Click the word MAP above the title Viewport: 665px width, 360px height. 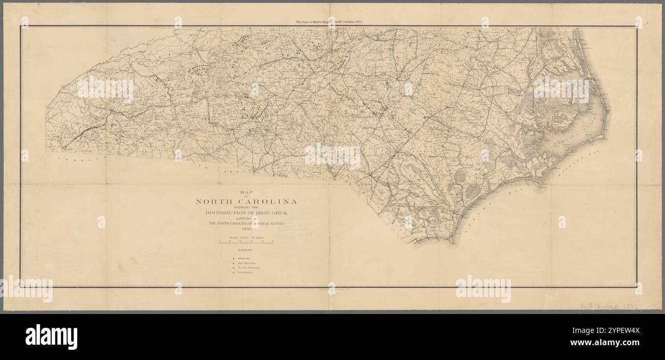(246, 192)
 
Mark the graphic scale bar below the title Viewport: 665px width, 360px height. (246, 242)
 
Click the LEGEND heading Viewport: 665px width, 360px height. (246, 251)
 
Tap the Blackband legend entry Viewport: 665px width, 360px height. (245, 273)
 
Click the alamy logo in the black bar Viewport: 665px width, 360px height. (51, 337)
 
